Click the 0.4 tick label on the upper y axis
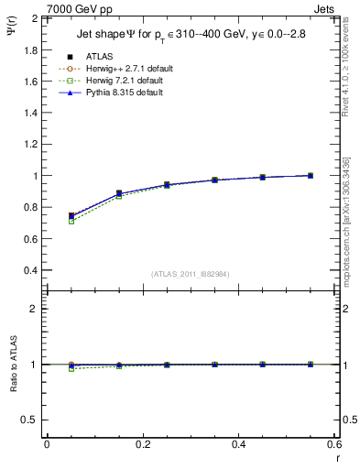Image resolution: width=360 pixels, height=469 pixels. pos(29,270)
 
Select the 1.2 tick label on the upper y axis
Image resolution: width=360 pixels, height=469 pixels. pos(29,144)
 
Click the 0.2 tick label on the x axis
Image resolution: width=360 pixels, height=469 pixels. pos(143,444)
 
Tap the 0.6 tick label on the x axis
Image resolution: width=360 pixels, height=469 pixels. pos(334,444)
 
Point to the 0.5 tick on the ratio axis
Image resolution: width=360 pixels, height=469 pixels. pos(29,420)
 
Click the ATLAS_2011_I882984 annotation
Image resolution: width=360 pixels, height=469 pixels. pos(191,274)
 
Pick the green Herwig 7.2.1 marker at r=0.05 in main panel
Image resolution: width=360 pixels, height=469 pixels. pos(71,222)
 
